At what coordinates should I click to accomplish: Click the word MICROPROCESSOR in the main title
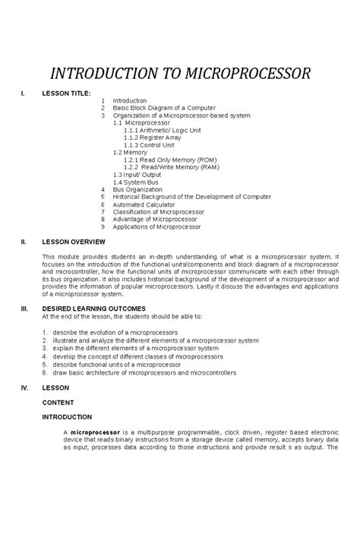pos(241,74)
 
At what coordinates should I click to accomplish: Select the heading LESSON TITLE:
pos(66,93)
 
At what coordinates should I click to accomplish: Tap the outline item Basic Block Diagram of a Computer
pos(164,108)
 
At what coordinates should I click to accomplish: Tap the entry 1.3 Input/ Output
pos(137,175)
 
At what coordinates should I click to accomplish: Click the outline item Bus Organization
pos(137,189)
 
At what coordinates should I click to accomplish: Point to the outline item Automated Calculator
pos(144,204)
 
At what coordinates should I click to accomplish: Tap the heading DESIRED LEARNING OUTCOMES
pos(93,309)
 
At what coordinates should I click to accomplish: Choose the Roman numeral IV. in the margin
pos(24,387)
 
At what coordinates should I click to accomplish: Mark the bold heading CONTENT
pos(58,402)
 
